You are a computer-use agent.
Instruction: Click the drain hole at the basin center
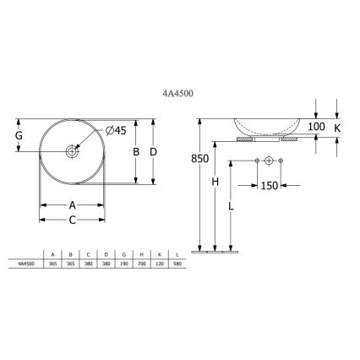pyautogui.click(x=73, y=151)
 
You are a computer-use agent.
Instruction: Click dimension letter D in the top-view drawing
pyautogui.click(x=154, y=151)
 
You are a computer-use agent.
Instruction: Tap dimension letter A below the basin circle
pyautogui.click(x=72, y=205)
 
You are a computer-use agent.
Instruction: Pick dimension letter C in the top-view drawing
pyautogui.click(x=72, y=220)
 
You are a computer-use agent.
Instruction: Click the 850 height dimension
pyautogui.click(x=199, y=158)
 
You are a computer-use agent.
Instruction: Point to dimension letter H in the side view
pyautogui.click(x=215, y=183)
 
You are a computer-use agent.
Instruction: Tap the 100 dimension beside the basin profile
pyautogui.click(x=317, y=127)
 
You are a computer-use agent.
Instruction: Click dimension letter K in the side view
pyautogui.click(x=338, y=127)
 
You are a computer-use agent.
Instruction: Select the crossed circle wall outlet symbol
pyautogui.click(x=269, y=161)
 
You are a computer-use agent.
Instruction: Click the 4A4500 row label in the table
pyautogui.click(x=26, y=263)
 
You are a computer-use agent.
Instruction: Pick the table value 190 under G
pyautogui.click(x=125, y=263)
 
